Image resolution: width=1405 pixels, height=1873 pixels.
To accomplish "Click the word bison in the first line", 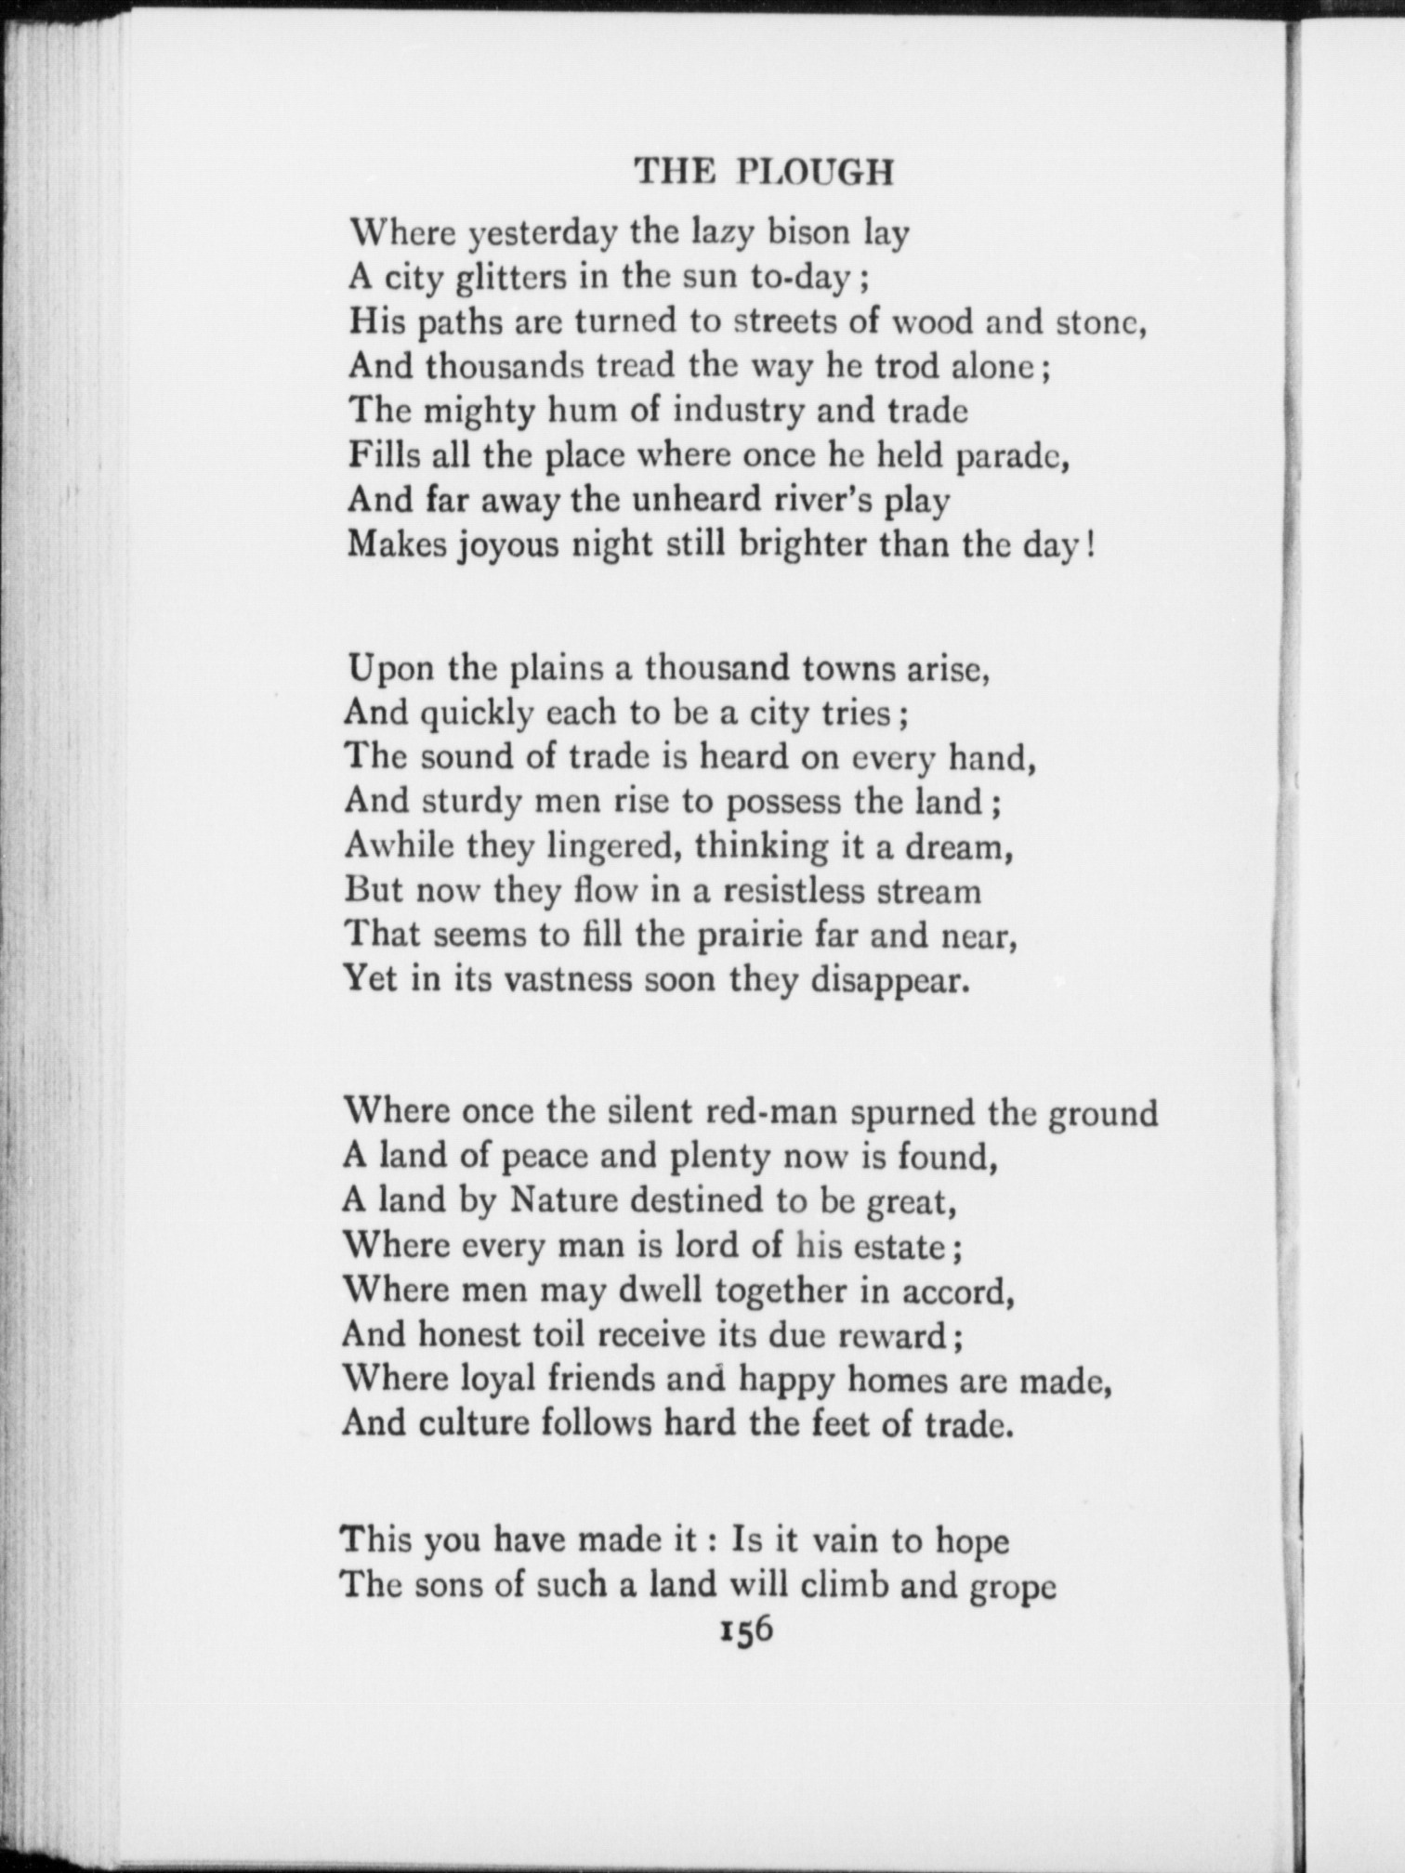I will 808,233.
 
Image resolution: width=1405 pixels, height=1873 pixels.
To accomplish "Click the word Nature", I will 563,1200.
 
